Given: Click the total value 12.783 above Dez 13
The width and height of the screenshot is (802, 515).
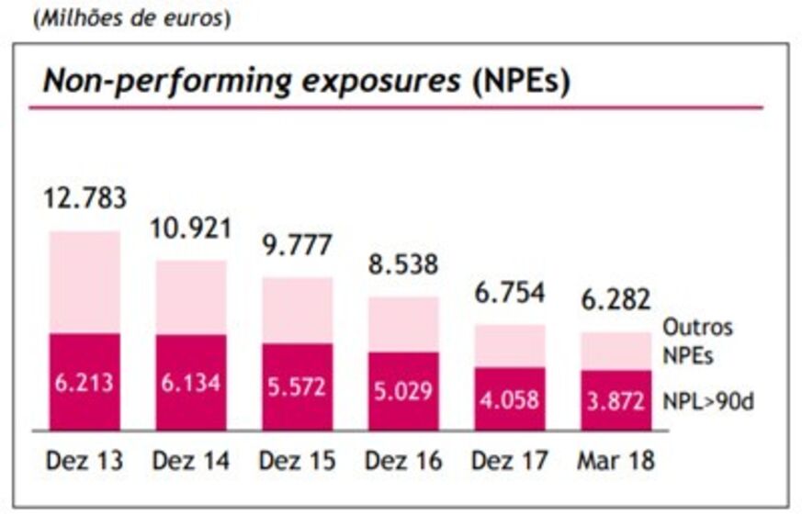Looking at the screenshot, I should coord(85,196).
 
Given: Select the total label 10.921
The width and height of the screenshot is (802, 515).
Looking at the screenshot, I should coord(191,229).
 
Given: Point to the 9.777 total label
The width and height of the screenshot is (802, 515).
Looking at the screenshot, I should coord(296,247).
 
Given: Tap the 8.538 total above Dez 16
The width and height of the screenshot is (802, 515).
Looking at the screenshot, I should coord(403,265).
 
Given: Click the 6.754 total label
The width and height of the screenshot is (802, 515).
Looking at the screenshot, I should coord(509,293).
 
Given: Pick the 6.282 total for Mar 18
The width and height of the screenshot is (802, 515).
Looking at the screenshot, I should coord(616,299).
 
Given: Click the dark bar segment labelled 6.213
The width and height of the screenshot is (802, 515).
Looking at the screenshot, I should coord(85,382).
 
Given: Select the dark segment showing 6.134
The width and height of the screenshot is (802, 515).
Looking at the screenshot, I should coord(190,383).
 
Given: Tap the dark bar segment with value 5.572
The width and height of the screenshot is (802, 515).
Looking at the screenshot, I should coord(297,386).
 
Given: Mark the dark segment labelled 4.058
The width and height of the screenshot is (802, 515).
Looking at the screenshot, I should coord(509,400).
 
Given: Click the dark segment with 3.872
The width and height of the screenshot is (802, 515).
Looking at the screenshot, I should coord(616,401).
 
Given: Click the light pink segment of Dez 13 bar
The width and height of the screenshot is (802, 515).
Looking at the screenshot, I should coord(85,282).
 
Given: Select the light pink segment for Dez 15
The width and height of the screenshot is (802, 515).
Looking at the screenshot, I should coord(297,309).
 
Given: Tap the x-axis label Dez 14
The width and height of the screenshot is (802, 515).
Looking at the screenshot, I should coord(190,460).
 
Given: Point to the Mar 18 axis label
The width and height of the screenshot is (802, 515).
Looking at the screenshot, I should coord(616,460).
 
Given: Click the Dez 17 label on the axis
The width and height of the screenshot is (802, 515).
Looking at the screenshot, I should coord(509,460).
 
